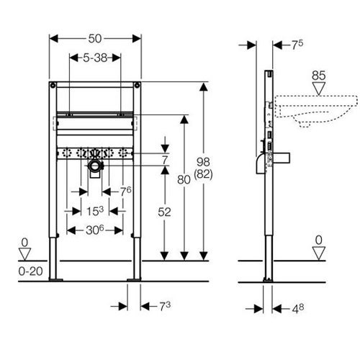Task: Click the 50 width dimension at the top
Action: coord(95,39)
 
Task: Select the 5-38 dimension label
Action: coord(95,58)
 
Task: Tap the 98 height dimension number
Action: coord(203,162)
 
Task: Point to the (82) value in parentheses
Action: coord(203,174)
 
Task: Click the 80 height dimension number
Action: coord(184,179)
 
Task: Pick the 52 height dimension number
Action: coord(164,212)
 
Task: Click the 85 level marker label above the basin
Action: coord(319,76)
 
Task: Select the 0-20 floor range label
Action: coord(30,271)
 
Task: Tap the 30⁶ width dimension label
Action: coord(95,230)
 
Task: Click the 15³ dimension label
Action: coord(95,211)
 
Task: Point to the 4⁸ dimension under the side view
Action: coord(298,308)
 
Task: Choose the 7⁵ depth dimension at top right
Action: coord(297,44)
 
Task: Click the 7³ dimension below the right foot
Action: coord(165,306)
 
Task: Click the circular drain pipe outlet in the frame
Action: coord(96,166)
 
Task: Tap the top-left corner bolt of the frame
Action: coord(53,85)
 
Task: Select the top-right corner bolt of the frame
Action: coord(137,85)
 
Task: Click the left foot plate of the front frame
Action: coord(55,279)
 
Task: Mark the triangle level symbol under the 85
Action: coord(319,89)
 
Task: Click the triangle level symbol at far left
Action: coord(24,254)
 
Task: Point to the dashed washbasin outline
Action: coord(316,111)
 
